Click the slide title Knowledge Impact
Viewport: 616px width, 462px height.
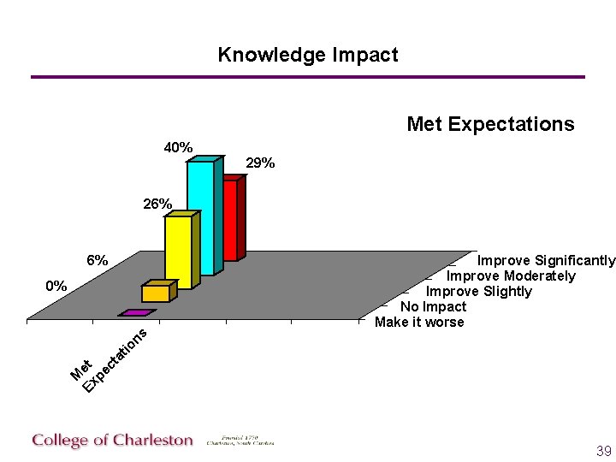tap(308, 55)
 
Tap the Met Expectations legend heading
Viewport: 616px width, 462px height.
tap(490, 124)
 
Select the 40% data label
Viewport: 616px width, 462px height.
tap(178, 147)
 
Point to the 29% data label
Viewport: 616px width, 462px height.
tap(260, 163)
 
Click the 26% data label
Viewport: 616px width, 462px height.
tap(157, 204)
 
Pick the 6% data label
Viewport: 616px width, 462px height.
tap(97, 260)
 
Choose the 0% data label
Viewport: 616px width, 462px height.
tap(56, 286)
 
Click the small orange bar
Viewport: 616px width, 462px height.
tap(157, 293)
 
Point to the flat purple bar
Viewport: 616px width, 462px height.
tap(135, 313)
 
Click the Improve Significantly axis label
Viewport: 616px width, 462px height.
tap(546, 260)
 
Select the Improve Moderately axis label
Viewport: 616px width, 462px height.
tap(511, 275)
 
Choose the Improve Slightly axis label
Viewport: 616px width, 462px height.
tap(479, 291)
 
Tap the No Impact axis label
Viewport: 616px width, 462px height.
tap(433, 306)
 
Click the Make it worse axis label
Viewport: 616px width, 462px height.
tap(419, 322)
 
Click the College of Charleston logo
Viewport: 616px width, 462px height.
tap(113, 441)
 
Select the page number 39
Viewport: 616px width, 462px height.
tap(603, 451)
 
